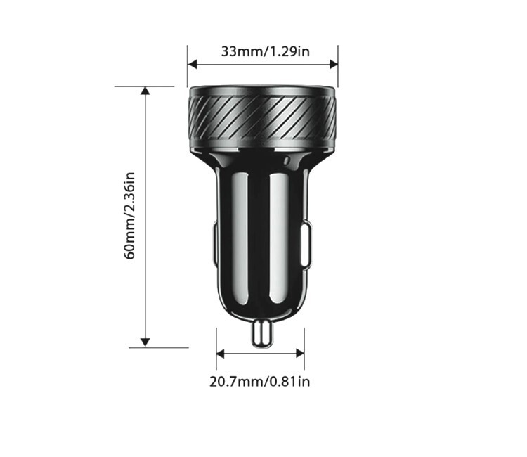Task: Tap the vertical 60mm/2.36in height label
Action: pos(130,215)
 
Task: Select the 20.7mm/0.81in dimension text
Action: pos(259,382)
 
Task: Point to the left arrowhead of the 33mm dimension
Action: pos(192,65)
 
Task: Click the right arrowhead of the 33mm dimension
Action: pos(333,65)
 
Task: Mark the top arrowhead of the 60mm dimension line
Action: pos(145,91)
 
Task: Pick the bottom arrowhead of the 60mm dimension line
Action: pos(145,342)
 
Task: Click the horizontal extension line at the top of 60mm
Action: pos(144,86)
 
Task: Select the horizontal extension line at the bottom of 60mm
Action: pos(159,347)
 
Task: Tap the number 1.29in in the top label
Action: pos(291,51)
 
